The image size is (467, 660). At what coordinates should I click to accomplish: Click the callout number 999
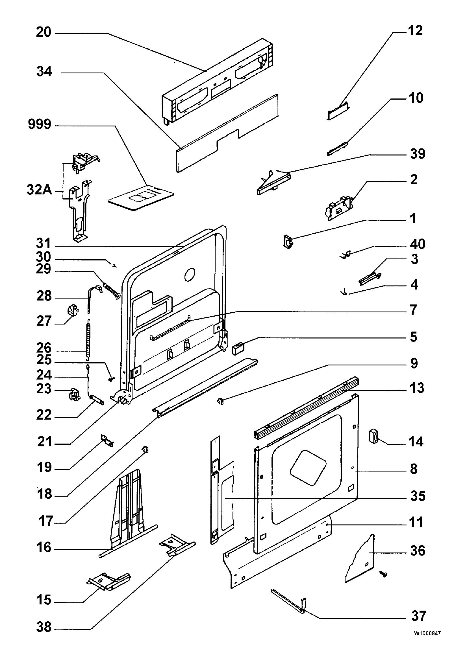(x=40, y=125)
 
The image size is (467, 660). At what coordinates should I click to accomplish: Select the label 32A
(x=40, y=190)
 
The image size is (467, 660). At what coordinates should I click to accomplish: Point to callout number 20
(x=44, y=32)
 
